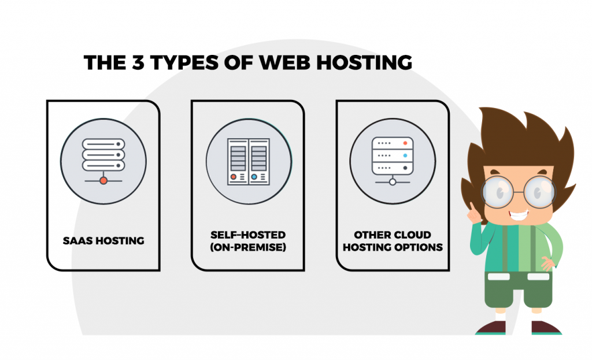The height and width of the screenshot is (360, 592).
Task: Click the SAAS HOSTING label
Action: (x=103, y=240)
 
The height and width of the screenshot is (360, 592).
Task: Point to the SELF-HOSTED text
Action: (x=247, y=235)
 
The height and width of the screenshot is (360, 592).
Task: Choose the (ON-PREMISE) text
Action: (x=247, y=247)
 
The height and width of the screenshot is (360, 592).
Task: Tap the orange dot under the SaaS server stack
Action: (x=103, y=181)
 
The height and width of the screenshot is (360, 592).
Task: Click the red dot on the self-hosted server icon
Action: (x=234, y=176)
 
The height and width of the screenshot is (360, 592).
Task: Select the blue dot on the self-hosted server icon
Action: (x=254, y=176)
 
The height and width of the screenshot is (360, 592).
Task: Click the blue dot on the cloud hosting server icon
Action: (x=405, y=155)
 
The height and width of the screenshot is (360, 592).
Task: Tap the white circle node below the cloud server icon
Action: (x=392, y=181)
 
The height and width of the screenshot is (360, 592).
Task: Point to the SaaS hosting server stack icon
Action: (x=103, y=153)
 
